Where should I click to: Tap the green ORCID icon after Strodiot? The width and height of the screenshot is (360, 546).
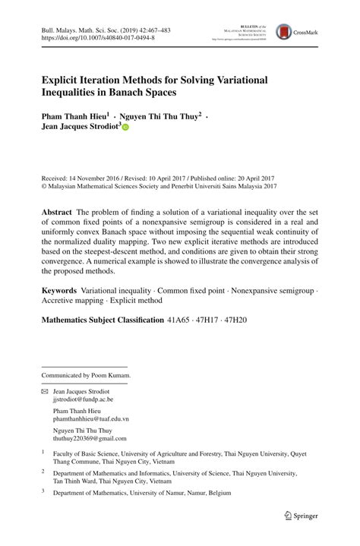(126, 129)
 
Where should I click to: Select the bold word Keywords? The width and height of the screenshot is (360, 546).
(58, 291)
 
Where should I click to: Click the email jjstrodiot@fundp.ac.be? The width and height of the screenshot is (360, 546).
(83, 399)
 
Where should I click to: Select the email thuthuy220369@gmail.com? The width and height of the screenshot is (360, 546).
(90, 439)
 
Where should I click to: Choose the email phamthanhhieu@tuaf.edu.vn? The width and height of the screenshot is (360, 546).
(91, 418)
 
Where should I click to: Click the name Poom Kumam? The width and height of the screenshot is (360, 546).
(112, 375)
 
